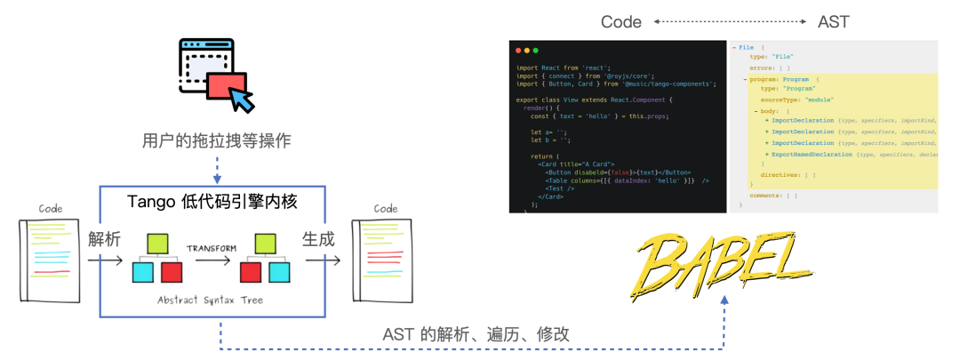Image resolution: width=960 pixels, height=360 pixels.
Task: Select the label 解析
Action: pyautogui.click(x=104, y=238)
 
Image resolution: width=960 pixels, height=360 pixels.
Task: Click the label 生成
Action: pyautogui.click(x=319, y=238)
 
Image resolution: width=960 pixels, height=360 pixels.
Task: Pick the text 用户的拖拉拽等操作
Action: pyautogui.click(x=217, y=140)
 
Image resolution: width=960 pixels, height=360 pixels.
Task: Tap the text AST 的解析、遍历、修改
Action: pyautogui.click(x=476, y=334)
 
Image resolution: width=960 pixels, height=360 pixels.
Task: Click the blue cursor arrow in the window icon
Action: pyautogui.click(x=240, y=98)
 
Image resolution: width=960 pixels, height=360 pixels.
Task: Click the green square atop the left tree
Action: pyautogui.click(x=157, y=242)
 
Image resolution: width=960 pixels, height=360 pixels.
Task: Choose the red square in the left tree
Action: pyautogui.click(x=172, y=271)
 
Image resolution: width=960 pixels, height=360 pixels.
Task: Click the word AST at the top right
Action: pyautogui.click(x=833, y=22)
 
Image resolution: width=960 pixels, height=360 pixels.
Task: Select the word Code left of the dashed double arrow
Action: pyautogui.click(x=621, y=22)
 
